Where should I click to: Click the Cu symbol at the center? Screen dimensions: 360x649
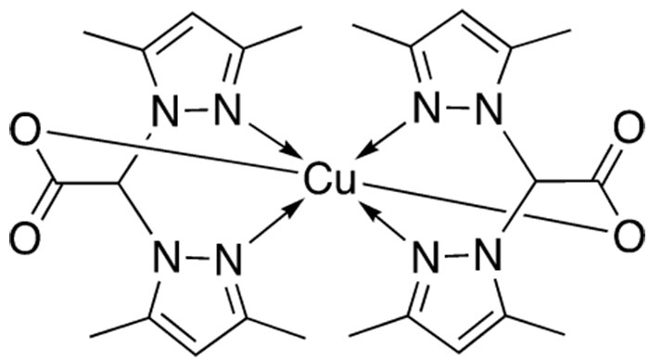coord(325,181)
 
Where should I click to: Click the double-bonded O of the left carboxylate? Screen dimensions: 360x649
coord(25,232)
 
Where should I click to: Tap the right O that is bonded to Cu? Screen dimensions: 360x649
coord(628,232)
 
